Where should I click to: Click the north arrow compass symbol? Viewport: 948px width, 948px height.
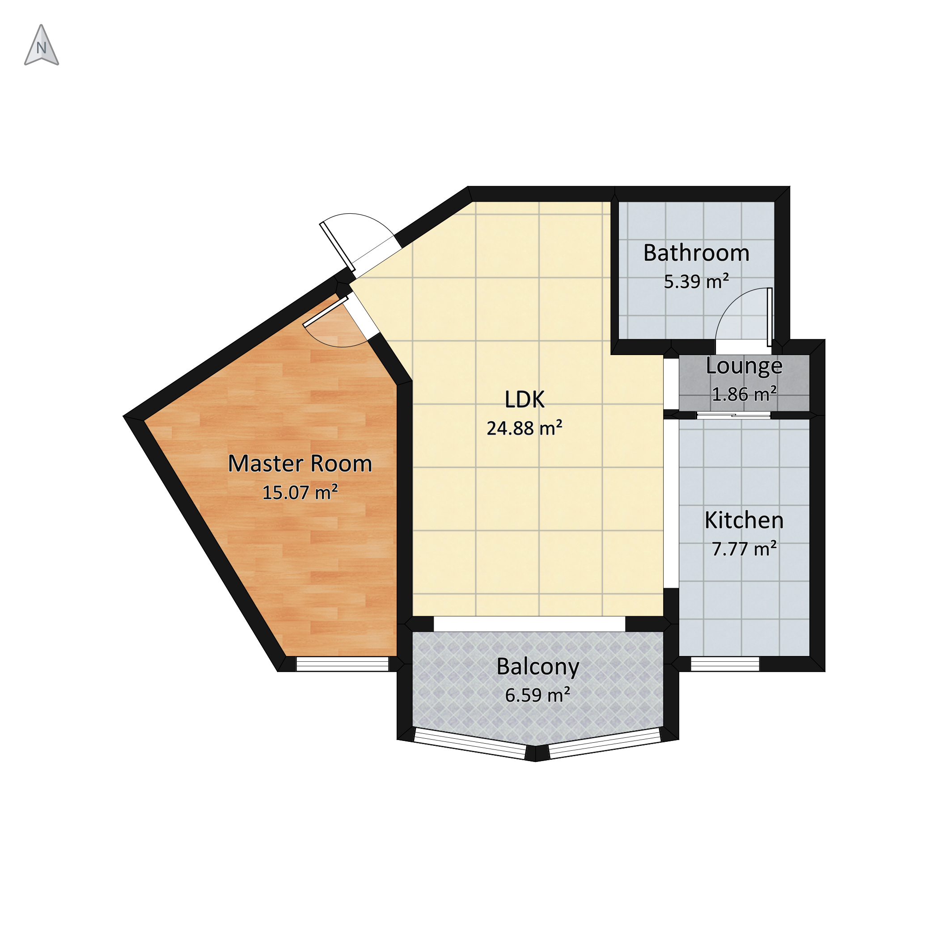click(x=42, y=45)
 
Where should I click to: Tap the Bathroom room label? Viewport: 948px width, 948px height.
click(x=696, y=253)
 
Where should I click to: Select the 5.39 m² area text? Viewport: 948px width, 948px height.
click(x=696, y=282)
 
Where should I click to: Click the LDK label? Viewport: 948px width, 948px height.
click(x=525, y=400)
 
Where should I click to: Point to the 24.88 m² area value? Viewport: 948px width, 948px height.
click(x=524, y=428)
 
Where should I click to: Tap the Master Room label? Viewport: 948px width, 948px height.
click(x=300, y=464)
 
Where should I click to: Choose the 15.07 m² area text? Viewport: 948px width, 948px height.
click(x=300, y=492)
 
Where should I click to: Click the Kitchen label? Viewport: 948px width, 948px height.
click(x=744, y=520)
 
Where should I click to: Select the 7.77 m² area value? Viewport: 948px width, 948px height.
click(x=744, y=549)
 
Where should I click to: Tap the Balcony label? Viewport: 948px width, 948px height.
click(x=538, y=667)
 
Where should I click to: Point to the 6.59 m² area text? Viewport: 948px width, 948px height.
click(x=538, y=695)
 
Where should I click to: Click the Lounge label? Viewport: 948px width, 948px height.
click(x=744, y=367)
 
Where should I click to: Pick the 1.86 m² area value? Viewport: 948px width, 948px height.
click(x=744, y=394)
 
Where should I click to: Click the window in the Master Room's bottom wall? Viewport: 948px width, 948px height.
click(x=343, y=664)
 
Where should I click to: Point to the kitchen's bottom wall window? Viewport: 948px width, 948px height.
click(x=725, y=664)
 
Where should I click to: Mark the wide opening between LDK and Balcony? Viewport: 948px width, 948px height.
click(x=529, y=624)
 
